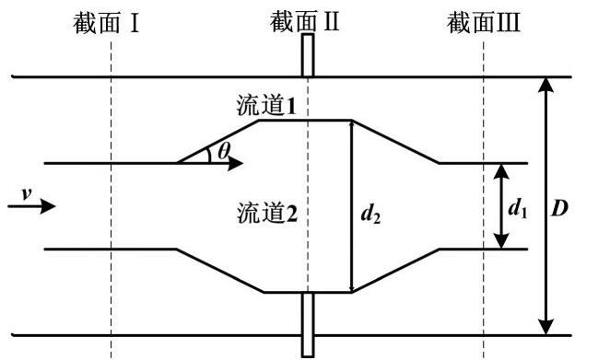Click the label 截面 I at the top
(x=107, y=22)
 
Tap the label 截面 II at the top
(x=306, y=22)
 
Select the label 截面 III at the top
(x=484, y=22)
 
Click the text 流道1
(x=265, y=107)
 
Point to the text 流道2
(x=265, y=215)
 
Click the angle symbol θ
(x=225, y=150)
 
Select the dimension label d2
(x=370, y=215)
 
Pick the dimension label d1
(x=518, y=207)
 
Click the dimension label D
(x=558, y=208)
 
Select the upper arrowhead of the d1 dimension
(x=499, y=172)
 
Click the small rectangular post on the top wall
(x=307, y=59)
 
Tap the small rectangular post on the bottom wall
(x=307, y=323)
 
